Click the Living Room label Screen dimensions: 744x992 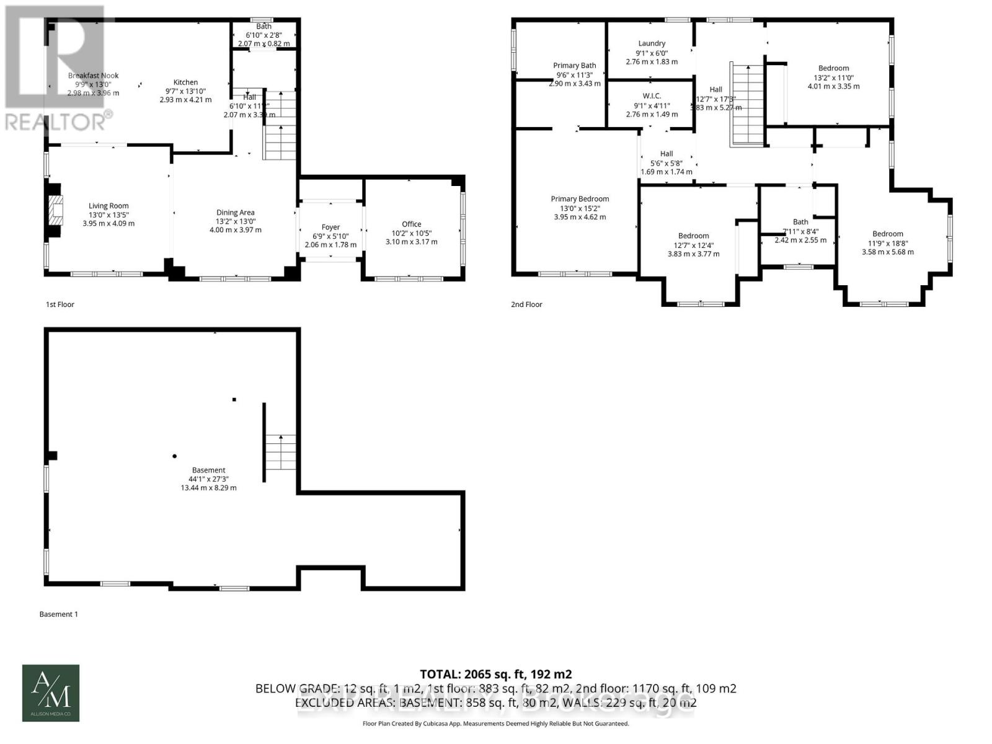tap(108, 206)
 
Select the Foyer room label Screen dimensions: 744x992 tap(330, 227)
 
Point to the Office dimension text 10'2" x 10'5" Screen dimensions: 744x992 tap(411, 233)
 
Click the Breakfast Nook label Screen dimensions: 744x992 tap(93, 76)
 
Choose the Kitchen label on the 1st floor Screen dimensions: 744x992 tap(185, 82)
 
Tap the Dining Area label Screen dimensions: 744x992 tap(235, 213)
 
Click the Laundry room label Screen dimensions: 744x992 tap(652, 43)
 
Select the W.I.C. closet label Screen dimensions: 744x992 tap(652, 95)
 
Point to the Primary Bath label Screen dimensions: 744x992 tap(575, 66)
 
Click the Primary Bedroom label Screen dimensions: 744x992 tap(580, 199)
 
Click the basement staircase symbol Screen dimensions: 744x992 tap(281, 452)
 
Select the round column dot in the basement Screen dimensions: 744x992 tap(174, 456)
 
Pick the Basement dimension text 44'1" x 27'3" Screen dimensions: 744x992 tap(208, 479)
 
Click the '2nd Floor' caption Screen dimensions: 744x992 tap(526, 304)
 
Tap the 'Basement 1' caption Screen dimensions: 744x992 tap(58, 614)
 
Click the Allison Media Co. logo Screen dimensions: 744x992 tap(51, 693)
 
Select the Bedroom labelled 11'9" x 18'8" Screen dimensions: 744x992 tap(887, 234)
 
